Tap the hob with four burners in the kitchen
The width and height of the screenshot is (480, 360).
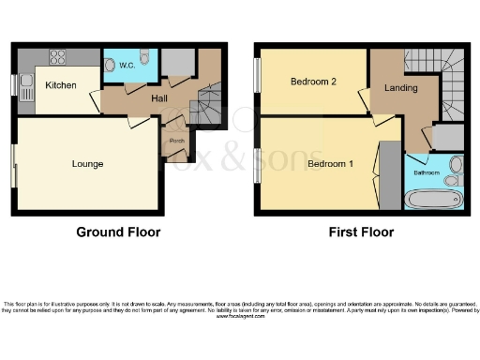click(x=57, y=56)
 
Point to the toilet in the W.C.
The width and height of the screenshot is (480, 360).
click(x=112, y=65)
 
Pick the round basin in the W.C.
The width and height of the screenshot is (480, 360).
click(x=143, y=59)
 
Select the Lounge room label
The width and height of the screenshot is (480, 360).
click(x=87, y=164)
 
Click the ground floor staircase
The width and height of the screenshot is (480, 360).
click(x=207, y=106)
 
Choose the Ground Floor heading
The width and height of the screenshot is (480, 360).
click(x=118, y=232)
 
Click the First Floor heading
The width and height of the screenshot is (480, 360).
click(x=361, y=232)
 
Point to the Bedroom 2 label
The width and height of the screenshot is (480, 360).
click(x=313, y=82)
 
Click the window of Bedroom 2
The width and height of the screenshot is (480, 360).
click(x=256, y=82)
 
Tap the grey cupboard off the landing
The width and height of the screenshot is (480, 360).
click(x=448, y=137)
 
